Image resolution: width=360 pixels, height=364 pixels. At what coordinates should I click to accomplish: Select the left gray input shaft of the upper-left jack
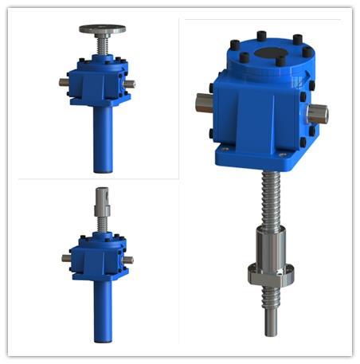63,81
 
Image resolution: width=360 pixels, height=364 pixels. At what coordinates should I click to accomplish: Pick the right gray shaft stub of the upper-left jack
129,83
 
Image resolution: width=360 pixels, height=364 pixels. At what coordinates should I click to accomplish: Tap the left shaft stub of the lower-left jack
65,257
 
